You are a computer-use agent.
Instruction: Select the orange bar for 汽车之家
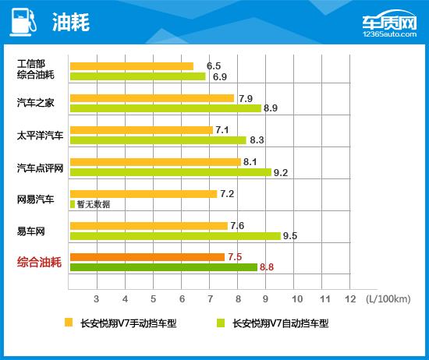151,98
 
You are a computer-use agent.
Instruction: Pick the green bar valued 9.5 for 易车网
175,235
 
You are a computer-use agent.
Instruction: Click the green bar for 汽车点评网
170,172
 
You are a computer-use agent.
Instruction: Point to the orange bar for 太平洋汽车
140,130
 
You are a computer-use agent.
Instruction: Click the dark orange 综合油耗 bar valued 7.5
147,257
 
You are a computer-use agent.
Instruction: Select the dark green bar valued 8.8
163,267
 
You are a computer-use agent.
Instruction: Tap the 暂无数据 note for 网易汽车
94,204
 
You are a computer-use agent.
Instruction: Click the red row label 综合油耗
41,263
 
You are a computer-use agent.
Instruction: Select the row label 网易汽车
36,199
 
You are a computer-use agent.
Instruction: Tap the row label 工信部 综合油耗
36,70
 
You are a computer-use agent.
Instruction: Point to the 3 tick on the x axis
96,298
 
